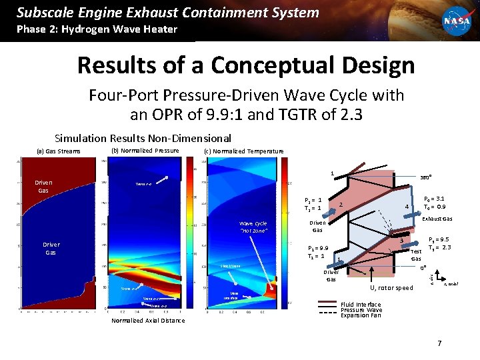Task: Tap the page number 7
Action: [439, 343]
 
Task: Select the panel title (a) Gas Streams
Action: [59, 151]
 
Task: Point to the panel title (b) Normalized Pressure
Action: [145, 151]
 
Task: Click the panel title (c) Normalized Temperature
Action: [243, 151]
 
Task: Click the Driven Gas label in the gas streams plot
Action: [44, 186]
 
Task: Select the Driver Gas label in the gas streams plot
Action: [51, 249]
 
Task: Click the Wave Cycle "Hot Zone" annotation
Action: [253, 227]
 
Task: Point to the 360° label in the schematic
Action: [424, 178]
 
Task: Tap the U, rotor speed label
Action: [391, 288]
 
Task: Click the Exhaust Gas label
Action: [438, 219]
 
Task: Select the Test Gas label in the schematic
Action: [416, 255]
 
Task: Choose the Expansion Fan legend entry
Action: [361, 315]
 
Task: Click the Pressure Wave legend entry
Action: [361, 310]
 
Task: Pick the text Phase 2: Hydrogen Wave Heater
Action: [97, 29]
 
